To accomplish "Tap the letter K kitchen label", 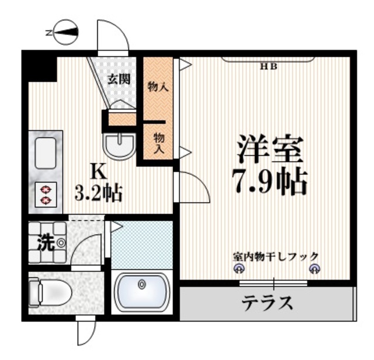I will [98, 171].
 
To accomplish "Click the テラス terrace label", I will [267, 303].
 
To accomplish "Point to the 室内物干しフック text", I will [276, 256].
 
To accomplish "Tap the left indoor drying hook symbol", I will [238, 269].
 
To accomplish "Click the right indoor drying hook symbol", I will [315, 269].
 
